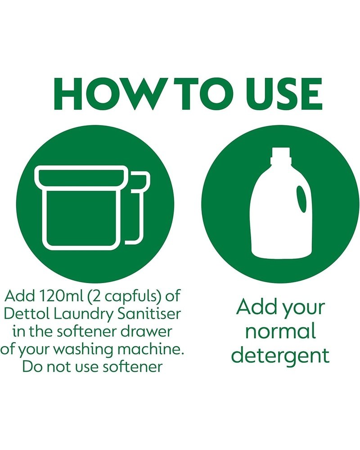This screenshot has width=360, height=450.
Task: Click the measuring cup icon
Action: (x=92, y=207)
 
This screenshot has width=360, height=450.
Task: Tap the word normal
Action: (x=280, y=331)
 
